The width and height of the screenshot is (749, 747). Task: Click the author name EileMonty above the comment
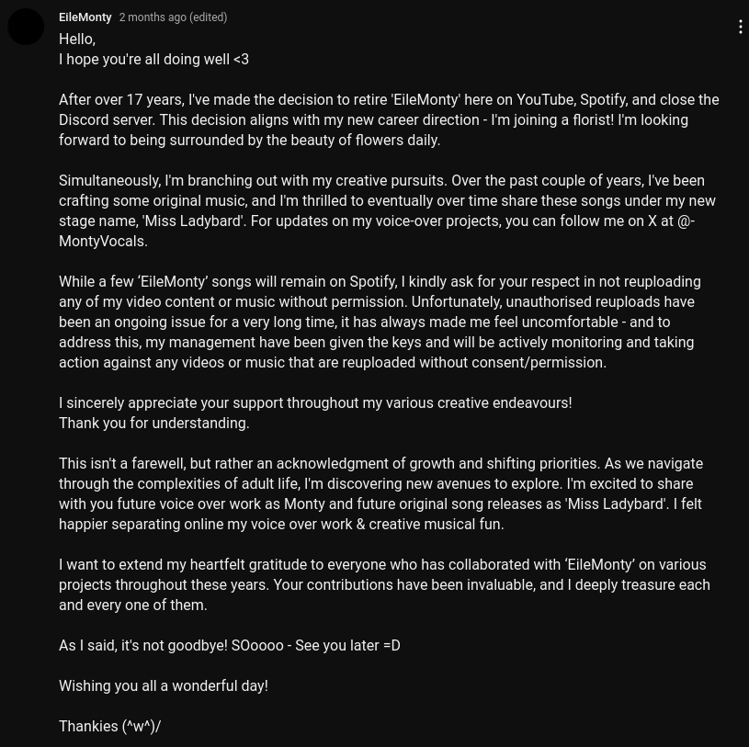pos(85,17)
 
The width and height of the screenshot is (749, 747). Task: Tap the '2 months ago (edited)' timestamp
pos(173,17)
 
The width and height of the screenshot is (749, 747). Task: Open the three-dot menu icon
pos(740,28)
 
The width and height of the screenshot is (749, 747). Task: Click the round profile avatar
pos(26,27)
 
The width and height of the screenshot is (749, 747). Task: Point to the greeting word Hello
pos(76,40)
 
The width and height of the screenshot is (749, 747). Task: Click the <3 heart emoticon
pos(241,60)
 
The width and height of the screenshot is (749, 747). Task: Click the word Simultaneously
pos(108,181)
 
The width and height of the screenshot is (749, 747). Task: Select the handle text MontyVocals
pos(102,242)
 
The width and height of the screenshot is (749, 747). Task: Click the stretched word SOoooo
pos(257,646)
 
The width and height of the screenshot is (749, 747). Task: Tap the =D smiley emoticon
pos(392,646)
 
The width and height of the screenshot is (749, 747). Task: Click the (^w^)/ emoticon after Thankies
pos(142,727)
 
